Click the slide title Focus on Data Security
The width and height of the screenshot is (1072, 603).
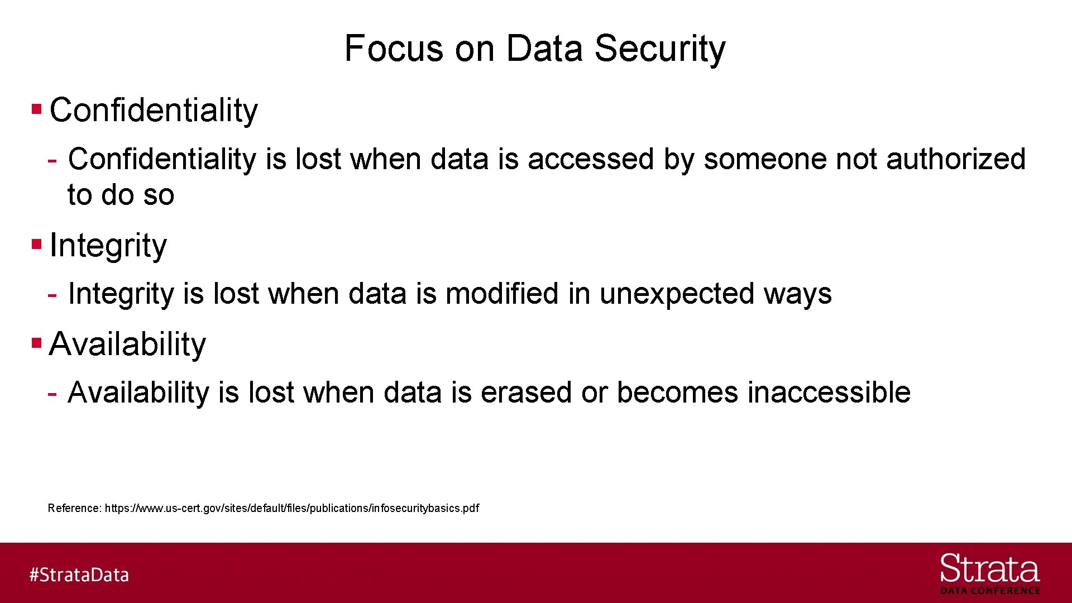535,49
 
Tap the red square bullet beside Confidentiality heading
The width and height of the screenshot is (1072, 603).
37,108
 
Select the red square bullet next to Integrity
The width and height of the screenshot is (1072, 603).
37,244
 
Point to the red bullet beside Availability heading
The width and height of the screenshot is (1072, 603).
37,342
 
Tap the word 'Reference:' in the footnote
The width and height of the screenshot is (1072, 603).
75,508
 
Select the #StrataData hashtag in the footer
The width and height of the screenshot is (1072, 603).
79,575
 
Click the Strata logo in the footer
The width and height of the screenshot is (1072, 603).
989,569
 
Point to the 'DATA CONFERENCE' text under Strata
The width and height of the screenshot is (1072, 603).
990,591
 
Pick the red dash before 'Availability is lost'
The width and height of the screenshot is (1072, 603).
52,394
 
